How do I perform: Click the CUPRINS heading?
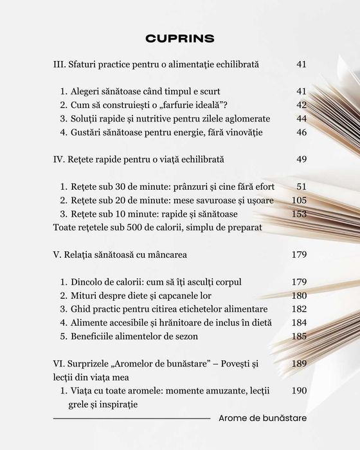[x=180, y=38]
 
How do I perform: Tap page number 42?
[x=301, y=105]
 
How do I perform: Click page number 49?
[x=301, y=158]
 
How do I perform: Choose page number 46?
[x=301, y=132]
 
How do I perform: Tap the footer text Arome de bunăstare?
[x=262, y=418]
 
